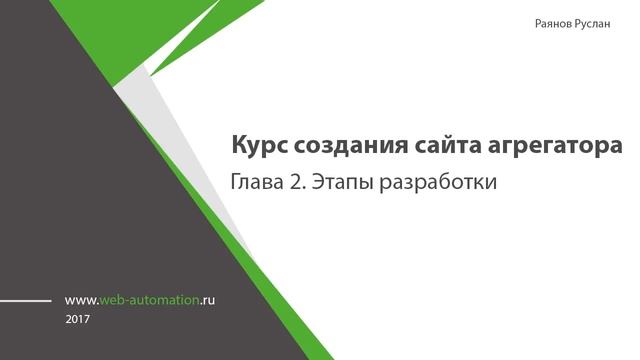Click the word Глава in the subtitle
click(x=257, y=184)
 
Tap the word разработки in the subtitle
click(x=441, y=185)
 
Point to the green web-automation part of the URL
click(x=150, y=299)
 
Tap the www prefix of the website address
click(x=79, y=299)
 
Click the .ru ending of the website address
click(x=208, y=299)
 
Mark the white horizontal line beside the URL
click(x=25, y=299)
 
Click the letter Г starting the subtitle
click(x=236, y=184)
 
